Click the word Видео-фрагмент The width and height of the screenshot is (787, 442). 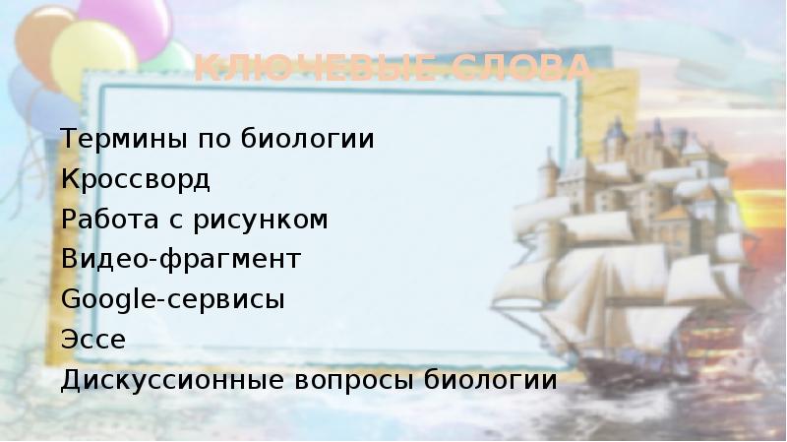click(x=180, y=261)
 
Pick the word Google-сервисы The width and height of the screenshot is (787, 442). click(x=173, y=300)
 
